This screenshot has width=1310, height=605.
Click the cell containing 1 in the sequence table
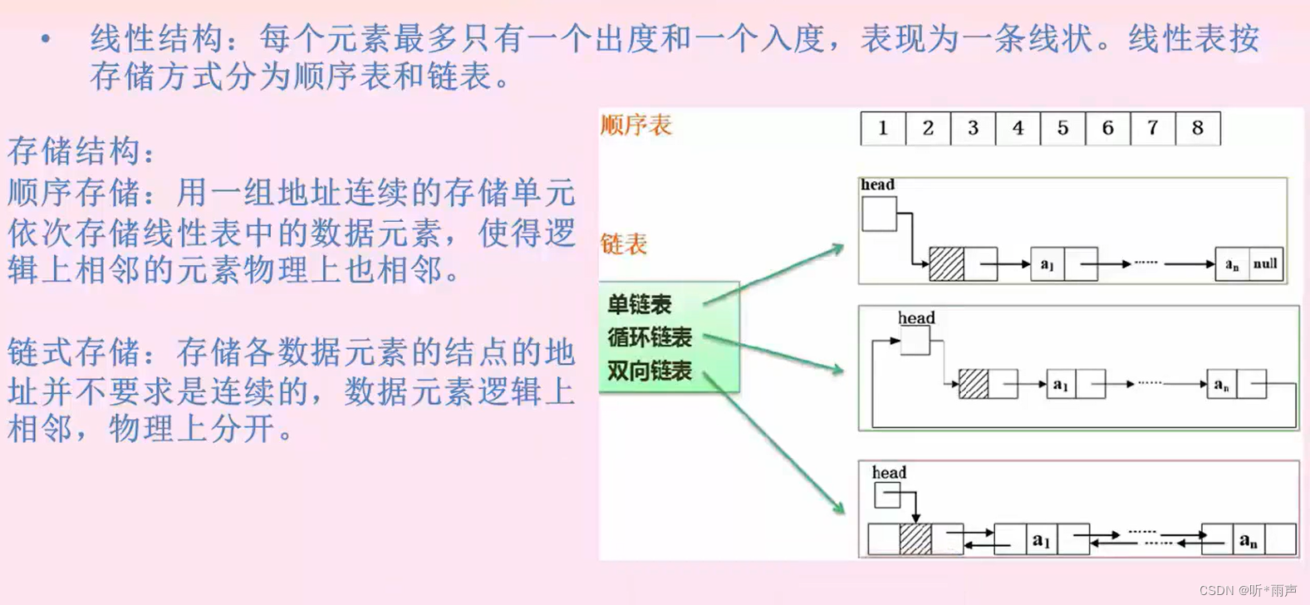coord(883,128)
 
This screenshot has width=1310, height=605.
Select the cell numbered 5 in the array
coord(1062,128)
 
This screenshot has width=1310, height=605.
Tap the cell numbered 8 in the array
coord(1197,128)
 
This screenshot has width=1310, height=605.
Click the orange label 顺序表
coord(635,125)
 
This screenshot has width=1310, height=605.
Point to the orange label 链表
coord(623,244)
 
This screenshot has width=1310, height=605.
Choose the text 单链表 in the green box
coord(639,304)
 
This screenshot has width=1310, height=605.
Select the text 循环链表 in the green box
coord(650,337)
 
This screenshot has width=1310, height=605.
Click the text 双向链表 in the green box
coord(650,371)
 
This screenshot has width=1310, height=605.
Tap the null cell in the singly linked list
coord(1265,264)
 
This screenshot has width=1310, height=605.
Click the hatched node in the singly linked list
coord(946,264)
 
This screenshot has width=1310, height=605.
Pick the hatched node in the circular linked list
coord(973,384)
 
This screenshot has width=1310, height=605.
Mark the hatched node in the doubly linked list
coord(915,539)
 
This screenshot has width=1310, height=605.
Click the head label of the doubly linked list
coord(889,472)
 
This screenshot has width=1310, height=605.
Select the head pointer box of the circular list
coord(915,341)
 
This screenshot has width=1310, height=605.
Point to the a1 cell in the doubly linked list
coord(1041,539)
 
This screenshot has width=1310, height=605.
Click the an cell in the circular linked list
coord(1221,384)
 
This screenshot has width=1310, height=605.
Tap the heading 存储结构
coord(81,151)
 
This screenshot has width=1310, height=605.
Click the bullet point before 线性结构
coord(46,39)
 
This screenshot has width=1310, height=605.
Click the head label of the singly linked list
coord(877,184)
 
